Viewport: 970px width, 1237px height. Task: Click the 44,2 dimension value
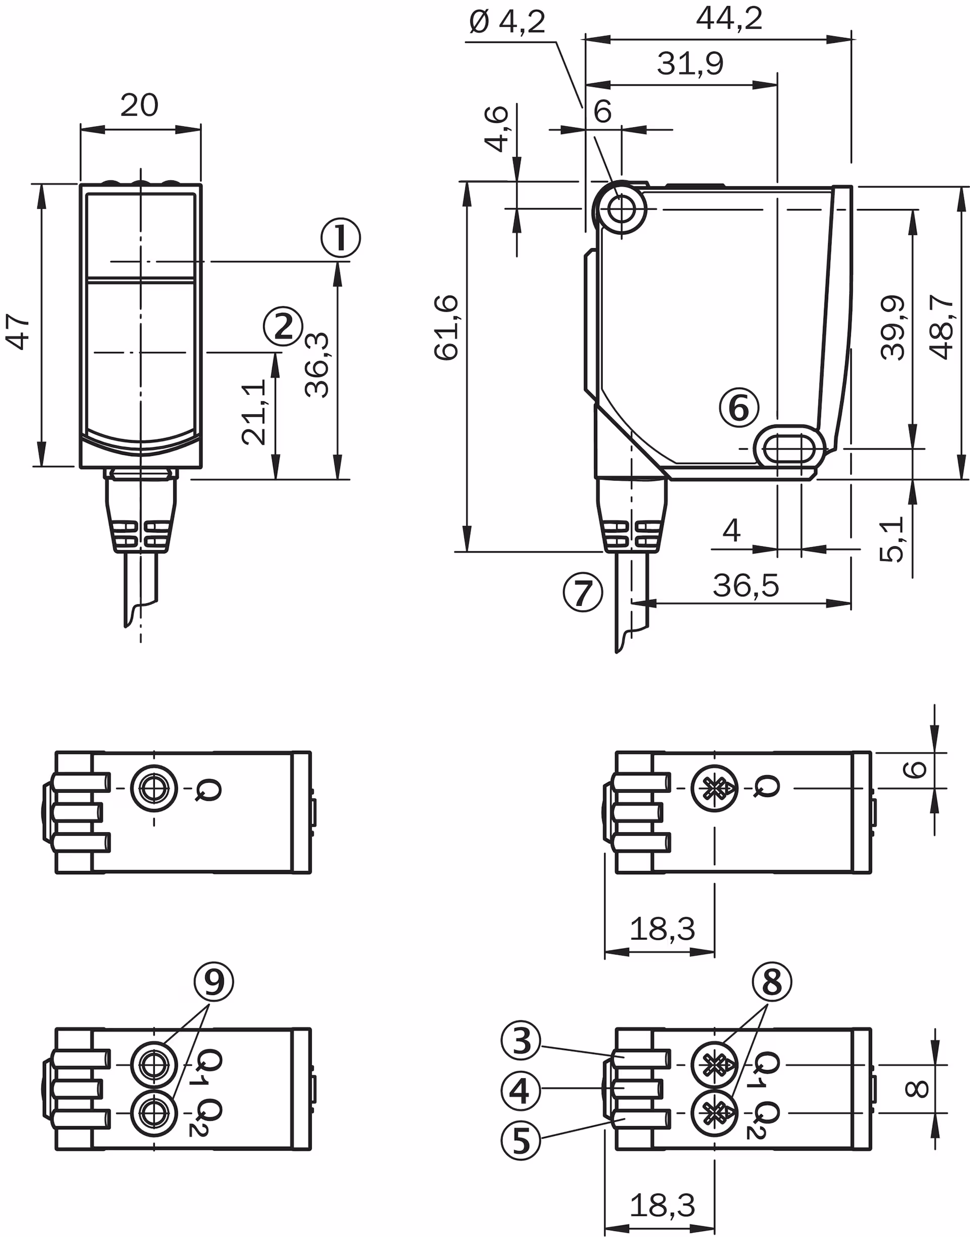[x=729, y=19]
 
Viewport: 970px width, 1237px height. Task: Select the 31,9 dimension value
[x=690, y=64]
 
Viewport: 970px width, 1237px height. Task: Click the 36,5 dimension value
[x=746, y=586]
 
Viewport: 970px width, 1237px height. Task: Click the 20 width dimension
[x=139, y=106]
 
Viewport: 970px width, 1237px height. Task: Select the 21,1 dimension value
[x=254, y=412]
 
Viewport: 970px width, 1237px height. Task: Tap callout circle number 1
[x=341, y=237]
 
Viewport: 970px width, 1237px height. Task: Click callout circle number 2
[x=283, y=326]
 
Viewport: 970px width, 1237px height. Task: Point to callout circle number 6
[x=739, y=408]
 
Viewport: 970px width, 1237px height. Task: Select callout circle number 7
[x=583, y=592]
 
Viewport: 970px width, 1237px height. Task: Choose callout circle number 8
[x=772, y=981]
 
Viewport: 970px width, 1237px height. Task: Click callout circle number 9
[x=214, y=981]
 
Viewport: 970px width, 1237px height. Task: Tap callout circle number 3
[x=521, y=1041]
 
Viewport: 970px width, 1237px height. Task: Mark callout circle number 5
[x=521, y=1140]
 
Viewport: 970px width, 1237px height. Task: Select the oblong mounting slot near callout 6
[x=790, y=449]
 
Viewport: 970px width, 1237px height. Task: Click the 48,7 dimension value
[x=943, y=328]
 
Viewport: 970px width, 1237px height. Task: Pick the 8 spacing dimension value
[x=916, y=1089]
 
